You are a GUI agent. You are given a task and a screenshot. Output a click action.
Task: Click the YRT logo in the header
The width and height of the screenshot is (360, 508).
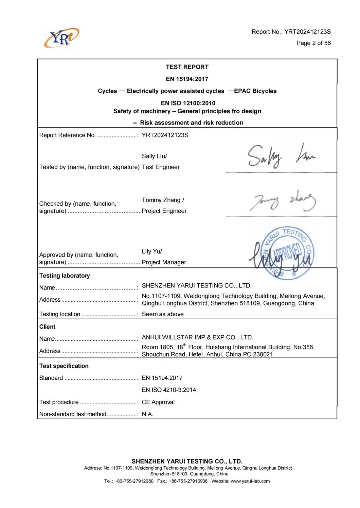coord(61,38)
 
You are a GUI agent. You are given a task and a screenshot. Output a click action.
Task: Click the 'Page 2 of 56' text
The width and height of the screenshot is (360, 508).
coord(313,43)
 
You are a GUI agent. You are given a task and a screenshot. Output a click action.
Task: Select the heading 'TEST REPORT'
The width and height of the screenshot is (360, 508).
coord(187,67)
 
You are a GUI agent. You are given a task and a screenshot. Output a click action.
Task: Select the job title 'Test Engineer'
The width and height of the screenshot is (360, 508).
coord(161,167)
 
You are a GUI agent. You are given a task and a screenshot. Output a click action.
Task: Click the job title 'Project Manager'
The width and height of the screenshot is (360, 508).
coord(164,262)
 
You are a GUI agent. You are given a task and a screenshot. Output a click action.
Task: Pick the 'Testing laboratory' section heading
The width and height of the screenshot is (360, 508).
coord(65,276)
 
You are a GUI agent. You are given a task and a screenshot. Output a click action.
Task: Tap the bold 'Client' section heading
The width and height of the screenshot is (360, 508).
coord(47,327)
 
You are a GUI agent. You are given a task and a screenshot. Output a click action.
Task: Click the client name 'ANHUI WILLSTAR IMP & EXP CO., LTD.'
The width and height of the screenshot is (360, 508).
coord(197,337)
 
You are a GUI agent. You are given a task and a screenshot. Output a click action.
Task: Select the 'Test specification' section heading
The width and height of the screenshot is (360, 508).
coord(64,366)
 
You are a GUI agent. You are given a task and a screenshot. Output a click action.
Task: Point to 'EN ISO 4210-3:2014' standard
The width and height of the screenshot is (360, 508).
coord(169,390)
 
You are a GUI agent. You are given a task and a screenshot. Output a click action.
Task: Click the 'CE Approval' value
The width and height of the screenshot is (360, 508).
coord(158,402)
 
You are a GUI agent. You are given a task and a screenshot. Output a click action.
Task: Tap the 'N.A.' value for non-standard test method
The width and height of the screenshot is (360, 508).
coord(147,414)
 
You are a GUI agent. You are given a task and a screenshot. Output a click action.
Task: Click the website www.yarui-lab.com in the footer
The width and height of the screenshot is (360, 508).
coord(250,481)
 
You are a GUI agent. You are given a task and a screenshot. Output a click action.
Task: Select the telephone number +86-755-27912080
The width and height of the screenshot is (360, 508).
coord(134,481)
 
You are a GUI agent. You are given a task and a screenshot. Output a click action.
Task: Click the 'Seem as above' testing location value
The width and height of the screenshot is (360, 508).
coord(163,314)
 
